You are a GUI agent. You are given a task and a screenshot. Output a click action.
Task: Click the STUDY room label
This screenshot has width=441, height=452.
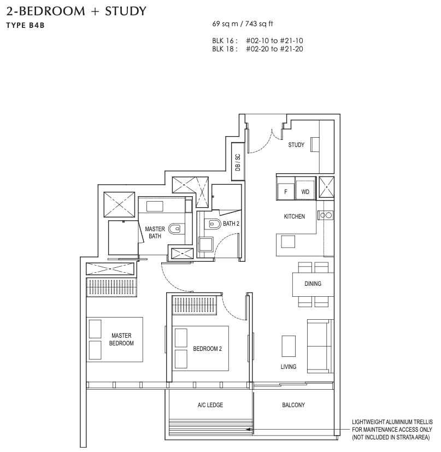(x=296, y=145)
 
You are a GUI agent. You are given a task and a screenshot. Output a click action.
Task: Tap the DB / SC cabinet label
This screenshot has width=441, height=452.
(x=238, y=162)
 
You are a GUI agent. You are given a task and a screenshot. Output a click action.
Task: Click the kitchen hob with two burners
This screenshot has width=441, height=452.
(x=326, y=215)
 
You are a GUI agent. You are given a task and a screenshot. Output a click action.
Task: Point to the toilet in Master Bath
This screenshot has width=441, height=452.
(x=174, y=229)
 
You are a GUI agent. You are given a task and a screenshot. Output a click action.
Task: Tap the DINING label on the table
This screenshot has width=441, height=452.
(x=313, y=284)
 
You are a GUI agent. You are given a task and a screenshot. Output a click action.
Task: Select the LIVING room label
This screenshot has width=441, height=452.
(x=288, y=367)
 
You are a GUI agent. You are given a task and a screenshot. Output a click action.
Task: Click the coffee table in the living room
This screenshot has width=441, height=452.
(x=289, y=346)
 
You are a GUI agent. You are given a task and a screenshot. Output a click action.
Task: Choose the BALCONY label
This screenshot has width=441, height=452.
(x=293, y=405)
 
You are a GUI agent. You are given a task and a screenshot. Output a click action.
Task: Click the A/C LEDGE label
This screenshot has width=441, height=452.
(x=210, y=405)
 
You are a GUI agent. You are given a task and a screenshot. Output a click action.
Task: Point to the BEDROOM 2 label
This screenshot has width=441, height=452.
(x=207, y=349)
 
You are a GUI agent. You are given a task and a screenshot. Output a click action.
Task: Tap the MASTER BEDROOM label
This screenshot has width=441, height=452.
(x=121, y=339)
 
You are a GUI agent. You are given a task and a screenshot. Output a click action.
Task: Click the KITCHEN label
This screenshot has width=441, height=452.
(x=295, y=216)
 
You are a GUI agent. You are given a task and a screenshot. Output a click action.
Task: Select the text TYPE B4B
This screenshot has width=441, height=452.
(x=25, y=25)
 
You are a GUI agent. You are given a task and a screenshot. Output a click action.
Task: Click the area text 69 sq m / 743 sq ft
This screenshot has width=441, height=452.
(x=243, y=24)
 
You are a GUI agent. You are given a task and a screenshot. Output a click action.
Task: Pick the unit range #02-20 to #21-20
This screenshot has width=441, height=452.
(x=274, y=49)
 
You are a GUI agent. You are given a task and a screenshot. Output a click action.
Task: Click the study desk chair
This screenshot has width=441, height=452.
(x=314, y=144)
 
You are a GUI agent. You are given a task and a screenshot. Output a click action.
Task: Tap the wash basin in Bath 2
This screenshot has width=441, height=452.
(x=205, y=245)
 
